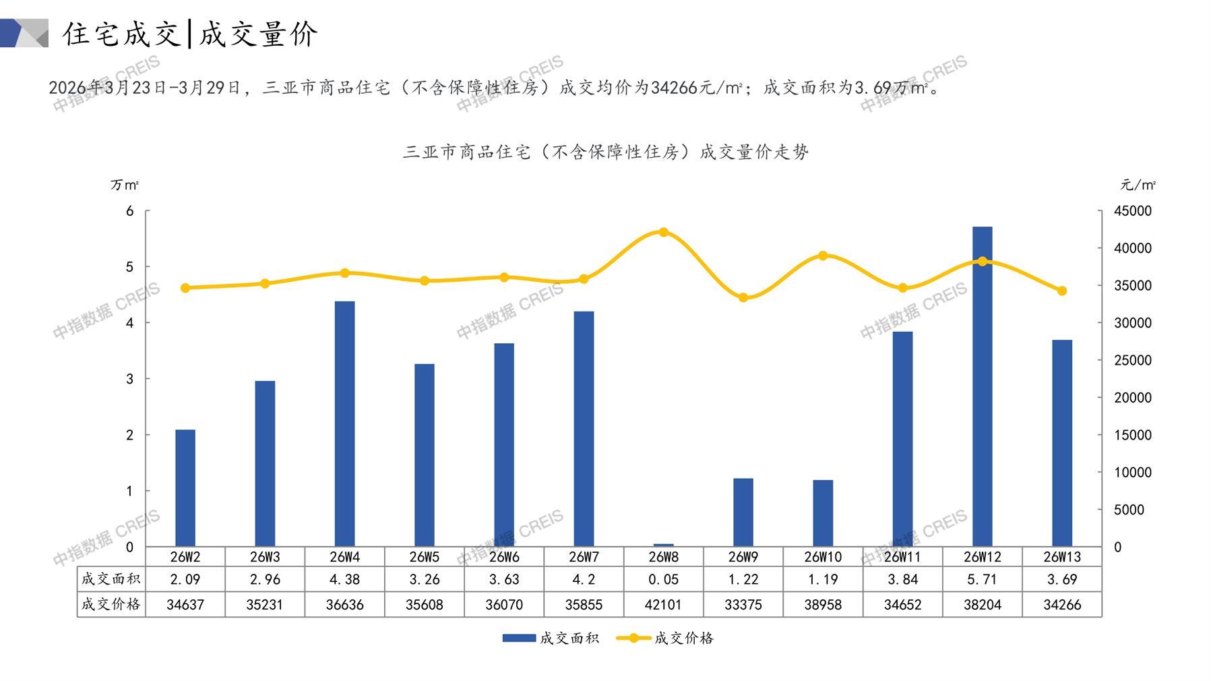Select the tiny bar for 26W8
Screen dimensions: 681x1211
point(663,545)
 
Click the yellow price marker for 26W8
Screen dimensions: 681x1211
point(663,233)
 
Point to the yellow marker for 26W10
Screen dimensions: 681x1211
point(823,256)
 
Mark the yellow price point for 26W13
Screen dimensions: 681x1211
point(1062,291)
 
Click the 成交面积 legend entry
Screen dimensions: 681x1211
point(551,638)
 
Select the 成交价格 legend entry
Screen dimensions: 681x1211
point(665,638)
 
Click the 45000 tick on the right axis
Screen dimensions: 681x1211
point(1133,211)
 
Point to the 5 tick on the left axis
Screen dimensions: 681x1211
point(130,267)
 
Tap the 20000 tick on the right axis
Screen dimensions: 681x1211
point(1133,398)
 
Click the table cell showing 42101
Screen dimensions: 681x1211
point(663,605)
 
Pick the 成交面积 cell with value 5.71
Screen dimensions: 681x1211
point(982,579)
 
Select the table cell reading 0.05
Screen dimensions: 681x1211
point(663,579)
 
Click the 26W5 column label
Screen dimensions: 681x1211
point(425,557)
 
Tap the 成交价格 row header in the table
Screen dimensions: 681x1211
point(111,605)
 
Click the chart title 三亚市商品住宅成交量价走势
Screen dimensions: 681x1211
point(605,152)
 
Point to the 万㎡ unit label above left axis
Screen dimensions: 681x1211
point(125,185)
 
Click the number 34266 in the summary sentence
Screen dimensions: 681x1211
point(675,88)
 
